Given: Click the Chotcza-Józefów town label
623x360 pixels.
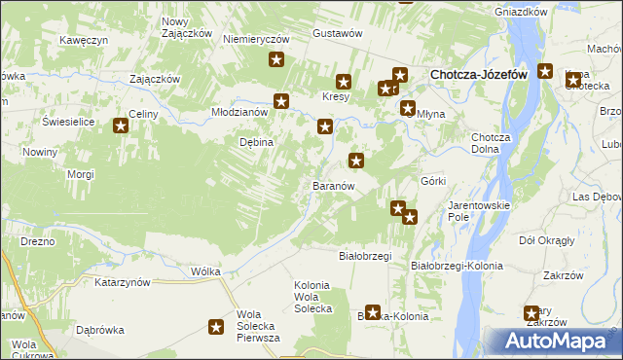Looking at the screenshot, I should click(479, 74).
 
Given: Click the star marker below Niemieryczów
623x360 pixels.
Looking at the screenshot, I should click(276, 61).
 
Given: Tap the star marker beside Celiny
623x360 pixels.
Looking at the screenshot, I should click(122, 125).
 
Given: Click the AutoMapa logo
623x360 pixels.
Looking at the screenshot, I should click(556, 341).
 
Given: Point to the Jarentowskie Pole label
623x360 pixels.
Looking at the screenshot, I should click(472, 211).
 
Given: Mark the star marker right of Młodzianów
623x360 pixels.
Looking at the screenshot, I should click(282, 100).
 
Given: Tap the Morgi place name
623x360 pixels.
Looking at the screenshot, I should click(80, 174).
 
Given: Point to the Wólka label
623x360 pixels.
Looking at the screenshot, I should click(206, 271).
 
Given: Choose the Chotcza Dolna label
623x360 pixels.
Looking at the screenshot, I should click(491, 143).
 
